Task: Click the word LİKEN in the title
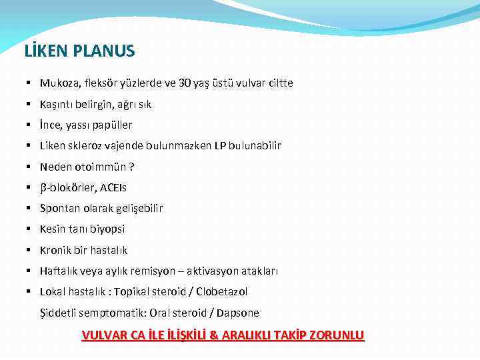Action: coord(43,51)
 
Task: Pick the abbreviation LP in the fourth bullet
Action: coord(221,146)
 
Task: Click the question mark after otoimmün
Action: coord(131,167)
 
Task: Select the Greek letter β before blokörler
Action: coord(43,188)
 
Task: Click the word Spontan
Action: coord(59,209)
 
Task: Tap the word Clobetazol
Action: coord(221,292)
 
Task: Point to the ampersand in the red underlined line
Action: coord(214,335)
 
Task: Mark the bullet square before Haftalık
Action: coord(30,271)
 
